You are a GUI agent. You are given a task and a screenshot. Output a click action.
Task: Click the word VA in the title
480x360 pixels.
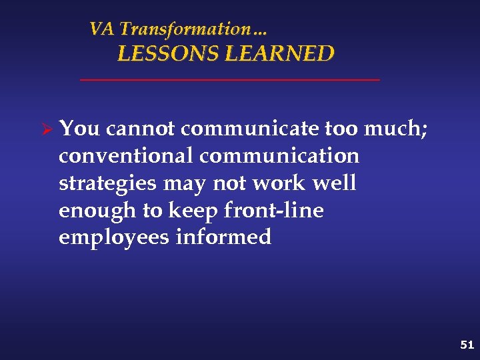101,29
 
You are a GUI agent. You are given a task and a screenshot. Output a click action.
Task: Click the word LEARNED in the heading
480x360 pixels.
279,54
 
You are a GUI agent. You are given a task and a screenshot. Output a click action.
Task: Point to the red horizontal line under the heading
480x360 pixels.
229,80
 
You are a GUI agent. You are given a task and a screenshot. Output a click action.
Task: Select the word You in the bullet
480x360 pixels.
79,129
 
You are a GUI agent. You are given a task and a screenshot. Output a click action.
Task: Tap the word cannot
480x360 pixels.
141,129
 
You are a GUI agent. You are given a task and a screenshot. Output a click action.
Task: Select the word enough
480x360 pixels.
97,211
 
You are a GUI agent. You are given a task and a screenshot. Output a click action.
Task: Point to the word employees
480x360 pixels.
114,238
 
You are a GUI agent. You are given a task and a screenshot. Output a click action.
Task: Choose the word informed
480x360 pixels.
223,237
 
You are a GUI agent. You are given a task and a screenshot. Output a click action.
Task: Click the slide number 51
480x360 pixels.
467,345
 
